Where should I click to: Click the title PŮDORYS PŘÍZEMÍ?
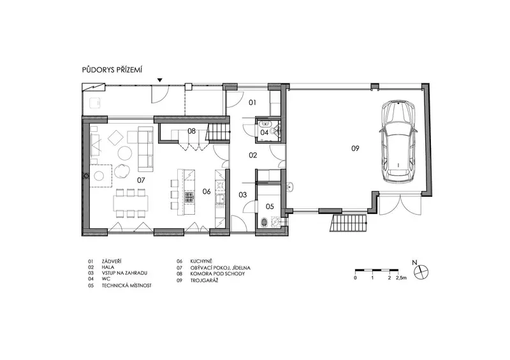(x=112, y=69)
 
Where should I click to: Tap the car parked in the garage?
(x=398, y=141)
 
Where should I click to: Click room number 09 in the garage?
(x=355, y=148)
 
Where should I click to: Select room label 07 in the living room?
(x=141, y=180)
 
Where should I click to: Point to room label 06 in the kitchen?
(x=207, y=191)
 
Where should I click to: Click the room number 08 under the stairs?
(x=192, y=131)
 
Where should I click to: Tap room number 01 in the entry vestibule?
(x=252, y=103)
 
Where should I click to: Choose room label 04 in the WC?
(x=265, y=133)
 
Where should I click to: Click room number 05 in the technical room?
(x=270, y=206)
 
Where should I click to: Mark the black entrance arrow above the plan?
(x=160, y=80)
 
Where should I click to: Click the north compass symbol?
(x=421, y=271)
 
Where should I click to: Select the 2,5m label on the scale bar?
(x=402, y=278)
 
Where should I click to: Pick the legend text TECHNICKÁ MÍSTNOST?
(x=126, y=285)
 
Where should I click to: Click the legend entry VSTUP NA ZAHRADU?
(x=124, y=273)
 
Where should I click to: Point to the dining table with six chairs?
(x=131, y=203)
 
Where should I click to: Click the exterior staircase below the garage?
(x=349, y=222)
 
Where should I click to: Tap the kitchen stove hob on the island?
(x=189, y=198)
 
